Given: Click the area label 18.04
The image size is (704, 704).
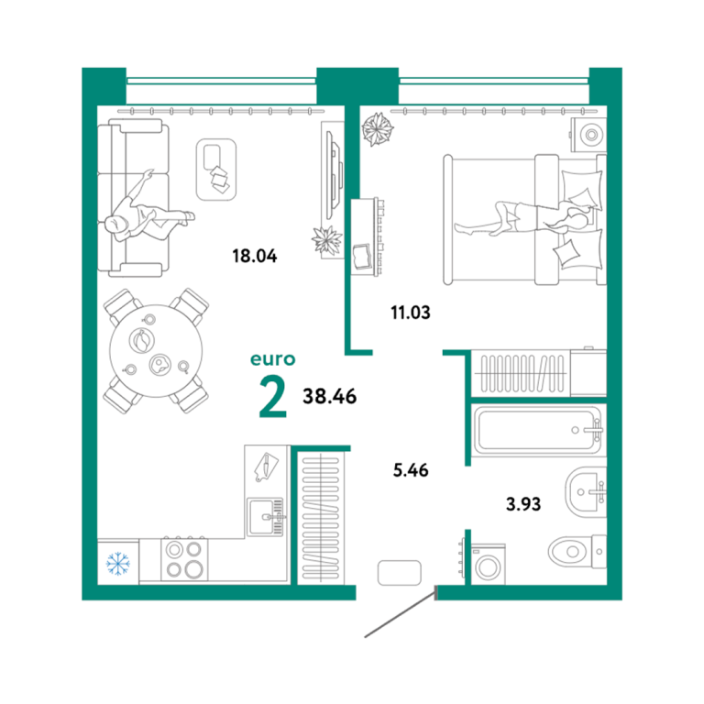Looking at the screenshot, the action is tap(255, 256).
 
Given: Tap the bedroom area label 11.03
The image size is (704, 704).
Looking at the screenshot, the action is tap(411, 312).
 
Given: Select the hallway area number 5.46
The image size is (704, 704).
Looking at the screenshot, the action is tap(411, 470).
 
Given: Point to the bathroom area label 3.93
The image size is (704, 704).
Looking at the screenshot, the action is tap(523, 504).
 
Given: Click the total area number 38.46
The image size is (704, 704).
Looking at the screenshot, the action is tap(330, 396).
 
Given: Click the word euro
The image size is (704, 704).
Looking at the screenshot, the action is tap(273, 359).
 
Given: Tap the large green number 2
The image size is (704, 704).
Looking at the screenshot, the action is tap(272, 396).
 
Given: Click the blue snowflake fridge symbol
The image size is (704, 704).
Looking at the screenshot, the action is tap(118, 564).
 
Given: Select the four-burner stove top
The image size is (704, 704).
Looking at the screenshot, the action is tap(184, 559).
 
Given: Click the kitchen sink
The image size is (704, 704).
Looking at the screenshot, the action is tap(266, 517).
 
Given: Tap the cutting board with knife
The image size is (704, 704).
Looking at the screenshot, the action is tap(266, 467).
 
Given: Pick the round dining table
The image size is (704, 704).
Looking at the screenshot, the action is tap(156, 351).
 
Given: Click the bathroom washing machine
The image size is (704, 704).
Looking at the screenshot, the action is tap(488, 565).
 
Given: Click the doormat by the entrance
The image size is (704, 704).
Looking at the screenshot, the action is tap(400, 572).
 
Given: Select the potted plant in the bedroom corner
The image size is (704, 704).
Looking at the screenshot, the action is tap(377, 129).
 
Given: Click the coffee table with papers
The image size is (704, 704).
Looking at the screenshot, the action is tap(216, 170).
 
